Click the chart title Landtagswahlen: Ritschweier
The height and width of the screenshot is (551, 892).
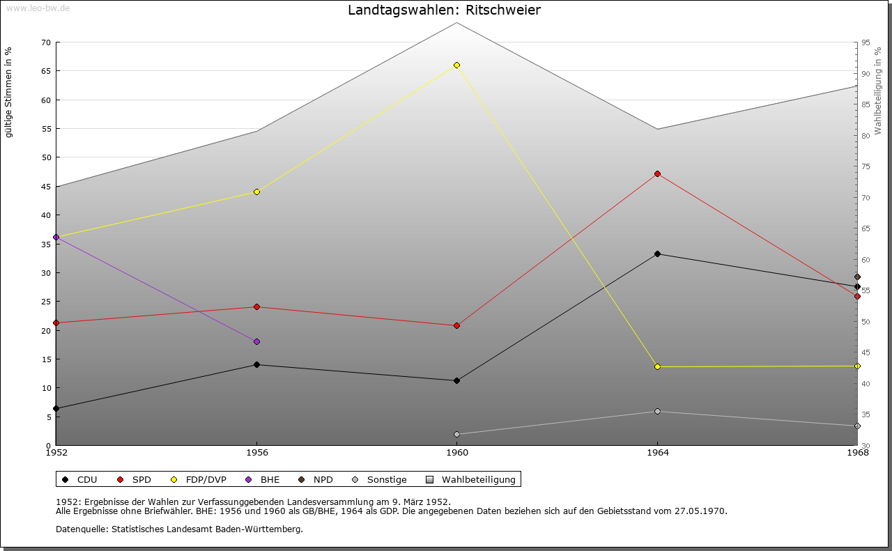click(x=444, y=10)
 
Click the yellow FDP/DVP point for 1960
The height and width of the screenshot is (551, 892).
click(x=456, y=65)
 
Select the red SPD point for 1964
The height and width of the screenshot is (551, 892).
click(x=657, y=173)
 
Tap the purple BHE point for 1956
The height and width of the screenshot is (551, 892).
click(x=256, y=341)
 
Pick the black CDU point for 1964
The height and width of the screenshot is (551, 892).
click(x=657, y=254)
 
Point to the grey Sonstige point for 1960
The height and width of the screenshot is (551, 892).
click(x=456, y=434)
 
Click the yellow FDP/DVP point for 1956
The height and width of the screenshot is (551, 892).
click(x=256, y=192)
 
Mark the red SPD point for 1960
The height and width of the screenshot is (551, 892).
click(x=456, y=325)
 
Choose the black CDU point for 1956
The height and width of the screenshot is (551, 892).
click(x=256, y=364)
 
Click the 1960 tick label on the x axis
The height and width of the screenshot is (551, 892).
click(x=456, y=453)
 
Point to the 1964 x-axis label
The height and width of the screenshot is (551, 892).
click(x=657, y=453)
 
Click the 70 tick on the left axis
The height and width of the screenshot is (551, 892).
click(x=45, y=42)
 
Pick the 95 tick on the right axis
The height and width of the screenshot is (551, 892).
click(x=866, y=42)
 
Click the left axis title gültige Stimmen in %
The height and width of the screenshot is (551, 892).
click(x=9, y=92)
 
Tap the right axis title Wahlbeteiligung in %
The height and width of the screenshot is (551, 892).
click(x=878, y=91)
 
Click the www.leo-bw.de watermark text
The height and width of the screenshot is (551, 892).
click(x=38, y=8)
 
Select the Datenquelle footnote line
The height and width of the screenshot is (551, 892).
click(x=179, y=529)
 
